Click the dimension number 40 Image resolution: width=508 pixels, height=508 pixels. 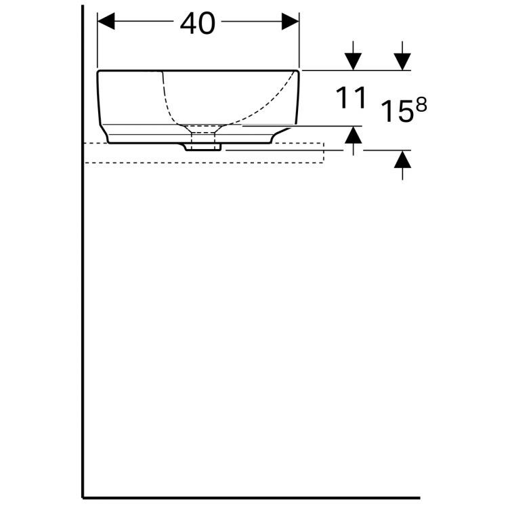[x=197, y=24]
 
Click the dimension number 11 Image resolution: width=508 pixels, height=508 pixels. [x=351, y=98]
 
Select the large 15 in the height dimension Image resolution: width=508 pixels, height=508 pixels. [x=398, y=111]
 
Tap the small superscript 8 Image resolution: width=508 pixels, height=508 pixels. [x=421, y=106]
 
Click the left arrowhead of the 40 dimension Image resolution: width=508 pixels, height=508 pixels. [x=106, y=22]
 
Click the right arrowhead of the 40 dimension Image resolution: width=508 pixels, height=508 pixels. [x=291, y=22]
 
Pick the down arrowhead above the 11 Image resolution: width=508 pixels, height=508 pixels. [x=353, y=62]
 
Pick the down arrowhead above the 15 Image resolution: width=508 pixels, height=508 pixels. [x=402, y=62]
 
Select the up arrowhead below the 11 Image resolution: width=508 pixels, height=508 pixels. [x=353, y=135]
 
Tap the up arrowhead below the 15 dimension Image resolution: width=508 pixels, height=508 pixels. [x=402, y=159]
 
